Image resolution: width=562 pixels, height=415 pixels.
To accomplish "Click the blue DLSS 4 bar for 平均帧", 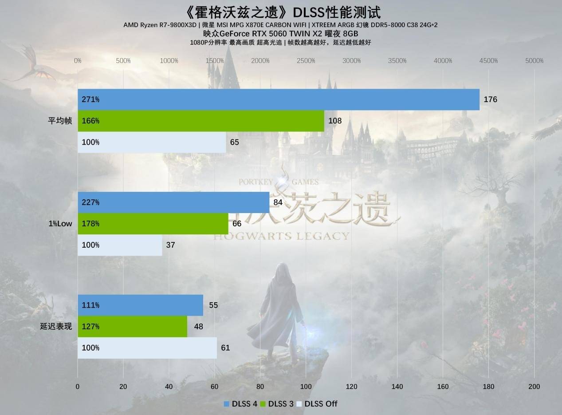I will tap(279, 99).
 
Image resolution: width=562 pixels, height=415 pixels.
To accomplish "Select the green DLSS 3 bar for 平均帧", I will tap(201, 121).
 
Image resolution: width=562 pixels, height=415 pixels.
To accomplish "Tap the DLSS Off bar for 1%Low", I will tap(120, 245).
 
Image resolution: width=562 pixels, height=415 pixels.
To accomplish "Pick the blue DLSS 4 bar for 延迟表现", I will tap(140, 305).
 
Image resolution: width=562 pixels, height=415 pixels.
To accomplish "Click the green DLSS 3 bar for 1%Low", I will tap(153, 224).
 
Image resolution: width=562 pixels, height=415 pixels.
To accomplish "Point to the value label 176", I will tap(490, 99).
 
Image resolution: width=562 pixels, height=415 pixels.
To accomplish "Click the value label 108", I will tap(335, 121).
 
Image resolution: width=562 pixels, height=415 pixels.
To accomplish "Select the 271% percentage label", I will tap(90, 99).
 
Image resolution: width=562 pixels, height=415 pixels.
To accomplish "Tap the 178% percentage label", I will tap(90, 224).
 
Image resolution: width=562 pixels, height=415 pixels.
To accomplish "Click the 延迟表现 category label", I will tap(56, 326).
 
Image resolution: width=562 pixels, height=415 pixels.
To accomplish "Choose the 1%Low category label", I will tap(60, 224).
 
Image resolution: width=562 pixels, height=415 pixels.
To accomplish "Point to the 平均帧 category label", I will tap(60, 121).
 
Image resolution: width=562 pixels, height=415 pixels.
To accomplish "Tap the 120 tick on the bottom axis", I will tap(352, 387).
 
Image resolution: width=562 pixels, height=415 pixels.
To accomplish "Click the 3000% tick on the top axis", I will tap(352, 61).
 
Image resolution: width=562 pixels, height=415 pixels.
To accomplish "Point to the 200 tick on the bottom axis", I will tap(534, 387).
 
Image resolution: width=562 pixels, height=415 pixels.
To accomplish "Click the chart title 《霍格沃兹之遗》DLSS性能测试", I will tap(281, 12).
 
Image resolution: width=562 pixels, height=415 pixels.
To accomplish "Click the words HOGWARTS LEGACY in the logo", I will tap(282, 236).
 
